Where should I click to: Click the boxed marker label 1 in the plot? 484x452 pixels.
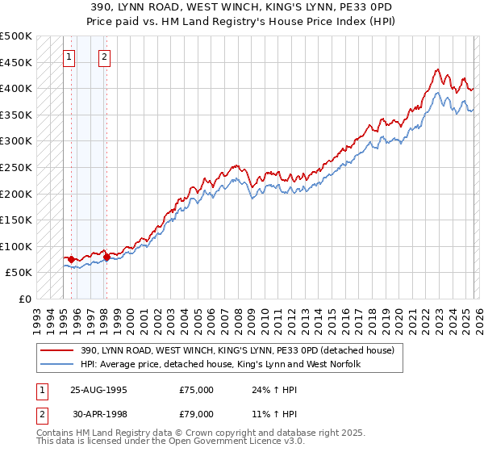tap(70, 56)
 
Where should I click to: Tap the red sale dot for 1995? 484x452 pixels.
tap(71, 259)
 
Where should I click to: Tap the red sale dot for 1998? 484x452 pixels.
tap(106, 257)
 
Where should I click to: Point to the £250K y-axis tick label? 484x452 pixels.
tap(16, 167)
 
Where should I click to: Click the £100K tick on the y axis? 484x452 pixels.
tap(16, 246)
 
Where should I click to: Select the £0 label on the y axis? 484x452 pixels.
tap(26, 299)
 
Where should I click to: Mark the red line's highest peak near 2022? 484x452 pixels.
tap(436, 69)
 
